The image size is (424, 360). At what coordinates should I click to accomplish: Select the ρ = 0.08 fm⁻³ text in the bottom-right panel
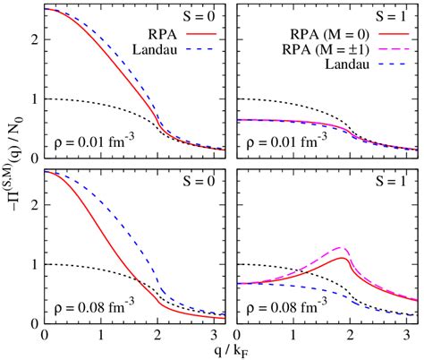tap(298, 306)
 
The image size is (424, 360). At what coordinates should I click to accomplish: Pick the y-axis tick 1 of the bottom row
tap(33, 265)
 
